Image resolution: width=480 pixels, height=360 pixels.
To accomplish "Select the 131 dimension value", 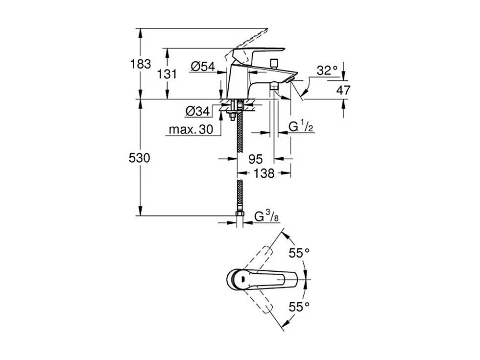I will [x=168, y=73].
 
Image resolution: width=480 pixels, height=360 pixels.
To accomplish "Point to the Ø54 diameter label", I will [x=203, y=67].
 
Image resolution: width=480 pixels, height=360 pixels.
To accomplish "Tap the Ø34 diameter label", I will [x=197, y=112].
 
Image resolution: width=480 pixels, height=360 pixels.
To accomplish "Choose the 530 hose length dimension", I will [x=139, y=158].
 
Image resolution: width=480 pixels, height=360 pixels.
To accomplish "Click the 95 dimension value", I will [x=256, y=159].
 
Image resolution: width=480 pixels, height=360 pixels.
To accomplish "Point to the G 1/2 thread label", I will [x=301, y=126].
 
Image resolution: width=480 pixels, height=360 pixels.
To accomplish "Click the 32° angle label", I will [x=327, y=71].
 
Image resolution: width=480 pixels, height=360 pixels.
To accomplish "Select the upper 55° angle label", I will [x=299, y=253].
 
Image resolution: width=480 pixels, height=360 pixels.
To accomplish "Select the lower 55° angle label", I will [x=299, y=307].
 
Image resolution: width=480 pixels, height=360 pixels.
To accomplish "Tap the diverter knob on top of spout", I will [x=275, y=63].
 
